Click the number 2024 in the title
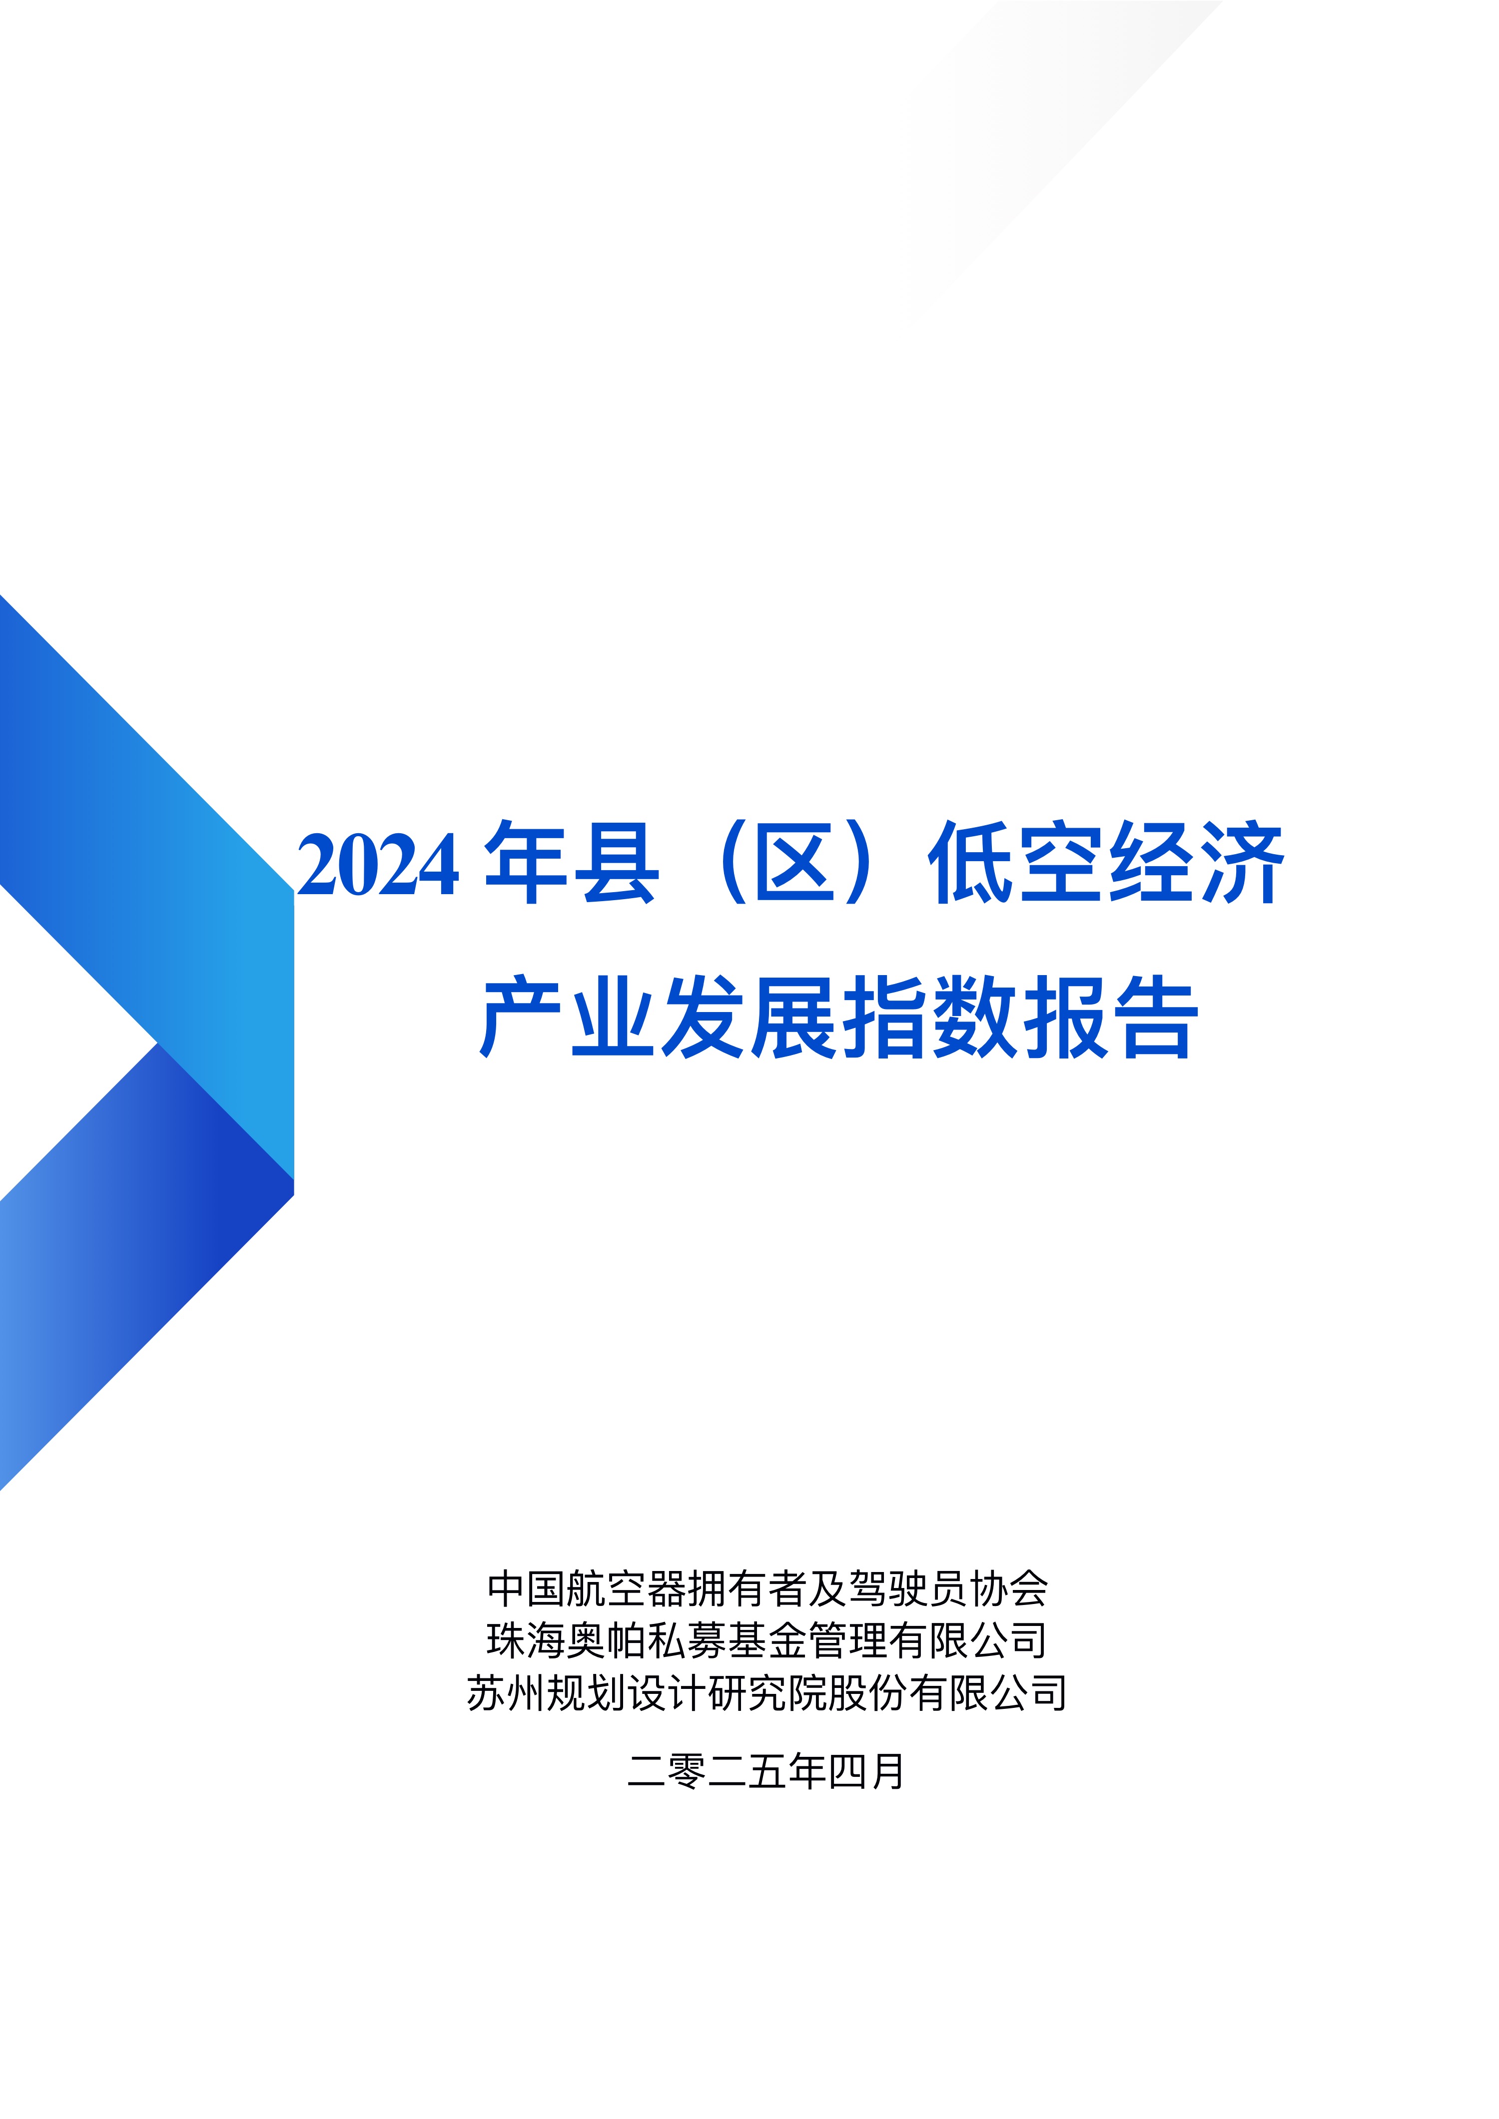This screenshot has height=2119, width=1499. pyautogui.click(x=378, y=865)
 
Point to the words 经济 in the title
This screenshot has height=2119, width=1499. pyautogui.click(x=1195, y=862)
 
